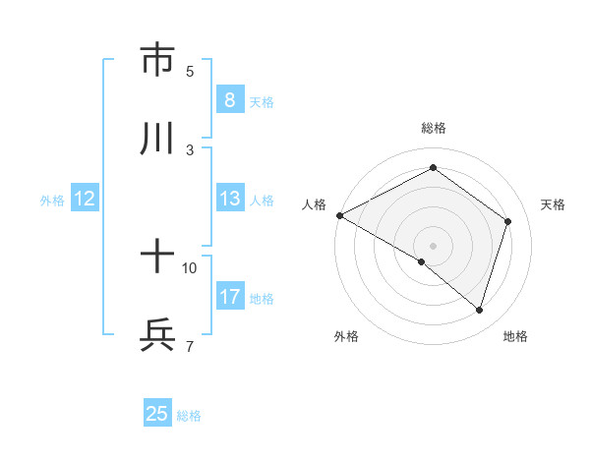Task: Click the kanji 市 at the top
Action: pyautogui.click(x=157, y=60)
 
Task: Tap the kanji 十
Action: pyautogui.click(x=157, y=259)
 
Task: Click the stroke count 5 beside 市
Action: pyautogui.click(x=190, y=72)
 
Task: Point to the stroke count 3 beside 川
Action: pyautogui.click(x=190, y=149)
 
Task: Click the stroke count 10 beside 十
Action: pyautogui.click(x=190, y=267)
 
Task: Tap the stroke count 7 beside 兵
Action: pyautogui.click(x=190, y=346)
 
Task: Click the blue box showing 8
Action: pyautogui.click(x=229, y=100)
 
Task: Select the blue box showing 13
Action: pyautogui.click(x=229, y=199)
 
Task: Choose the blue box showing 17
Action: pyautogui.click(x=229, y=297)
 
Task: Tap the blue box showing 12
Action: pyautogui.click(x=85, y=199)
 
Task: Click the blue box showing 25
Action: pyautogui.click(x=157, y=414)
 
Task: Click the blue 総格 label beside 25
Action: pyautogui.click(x=190, y=416)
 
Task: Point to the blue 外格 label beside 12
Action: pyautogui.click(x=52, y=200)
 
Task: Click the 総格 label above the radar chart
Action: pyautogui.click(x=433, y=128)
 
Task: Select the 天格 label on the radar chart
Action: pyautogui.click(x=554, y=204)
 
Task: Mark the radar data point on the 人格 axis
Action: pyautogui.click(x=339, y=215)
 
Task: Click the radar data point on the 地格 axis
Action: pyautogui.click(x=480, y=310)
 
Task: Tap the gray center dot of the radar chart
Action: pyautogui.click(x=433, y=245)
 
